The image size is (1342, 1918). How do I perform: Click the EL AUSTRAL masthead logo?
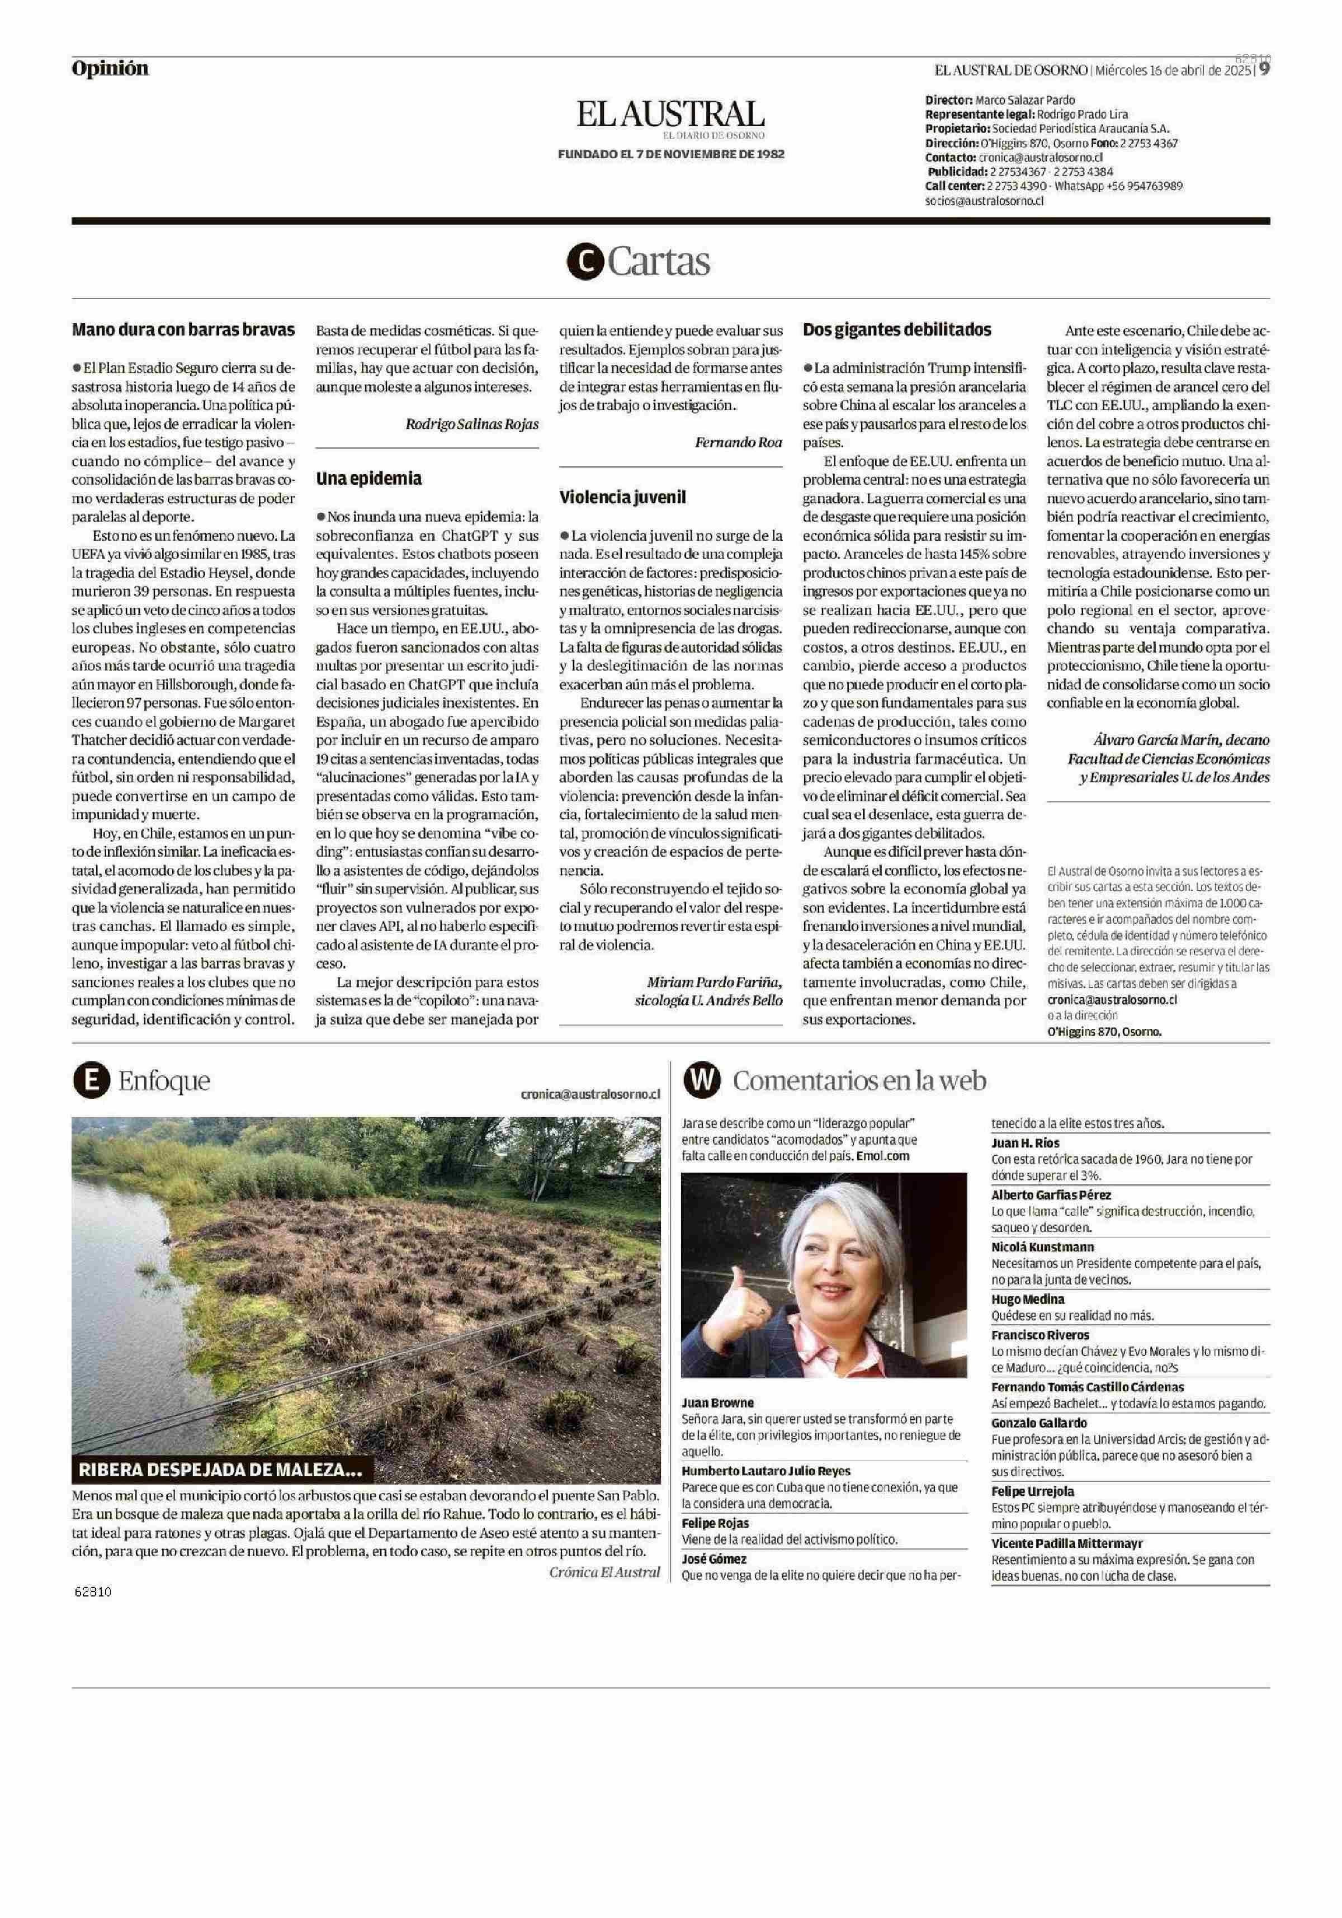coord(670,115)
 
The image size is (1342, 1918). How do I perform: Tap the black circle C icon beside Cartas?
coord(584,262)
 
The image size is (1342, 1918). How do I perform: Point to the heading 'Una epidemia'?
coord(368,479)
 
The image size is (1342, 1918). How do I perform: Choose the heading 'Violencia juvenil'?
coord(622,497)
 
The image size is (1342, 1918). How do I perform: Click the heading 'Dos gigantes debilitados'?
coord(897,329)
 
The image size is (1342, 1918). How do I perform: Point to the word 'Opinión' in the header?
coord(110,68)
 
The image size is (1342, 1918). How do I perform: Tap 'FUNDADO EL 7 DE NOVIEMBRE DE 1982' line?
coord(670,154)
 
